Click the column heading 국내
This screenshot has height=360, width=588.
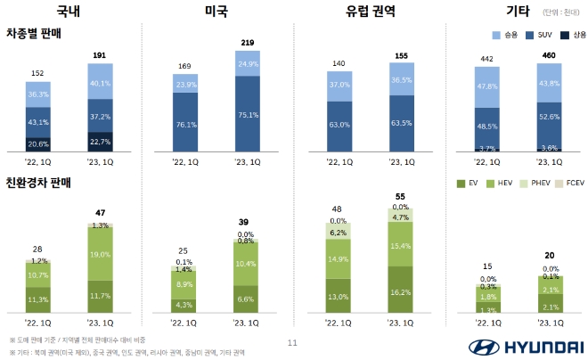68,12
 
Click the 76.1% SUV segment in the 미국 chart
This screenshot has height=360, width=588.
186,125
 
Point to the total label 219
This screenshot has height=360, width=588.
249,42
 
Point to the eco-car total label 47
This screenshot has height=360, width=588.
102,214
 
